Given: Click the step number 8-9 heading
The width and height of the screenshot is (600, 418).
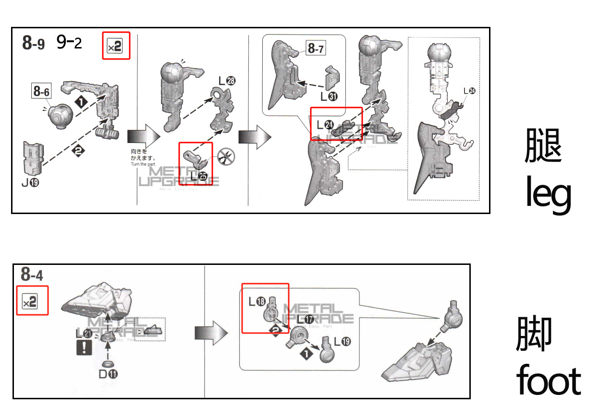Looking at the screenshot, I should (x=34, y=43).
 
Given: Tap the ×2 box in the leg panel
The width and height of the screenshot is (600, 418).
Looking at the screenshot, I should (x=116, y=46).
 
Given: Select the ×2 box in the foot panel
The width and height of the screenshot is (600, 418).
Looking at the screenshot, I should (x=33, y=301).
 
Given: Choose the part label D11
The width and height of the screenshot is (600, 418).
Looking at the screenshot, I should (x=108, y=374).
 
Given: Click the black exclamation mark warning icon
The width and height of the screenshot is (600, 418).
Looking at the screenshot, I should (x=84, y=348).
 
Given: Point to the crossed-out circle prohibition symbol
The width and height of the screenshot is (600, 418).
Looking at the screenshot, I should (x=225, y=156).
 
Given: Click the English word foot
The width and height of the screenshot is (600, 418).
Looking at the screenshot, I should (x=548, y=381).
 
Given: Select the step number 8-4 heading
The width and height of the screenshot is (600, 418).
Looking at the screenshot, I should (x=32, y=275).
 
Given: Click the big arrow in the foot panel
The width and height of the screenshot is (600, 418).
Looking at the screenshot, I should (x=210, y=333).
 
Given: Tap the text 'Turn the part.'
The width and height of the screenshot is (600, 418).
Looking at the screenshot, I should (x=143, y=165).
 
